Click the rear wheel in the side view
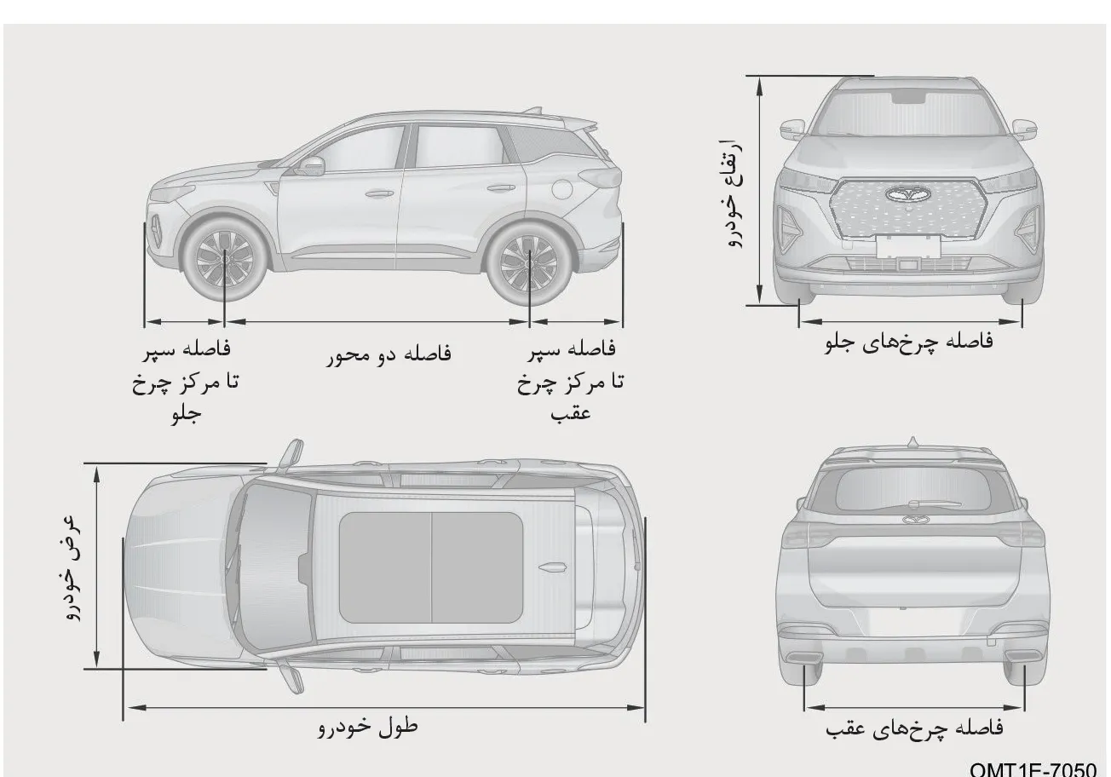pos(529,262)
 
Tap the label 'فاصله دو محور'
pos(389,354)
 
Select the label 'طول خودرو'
pos(367,727)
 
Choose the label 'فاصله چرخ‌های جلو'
pos(909,342)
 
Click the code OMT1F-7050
pos(1033,769)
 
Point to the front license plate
pos(908,246)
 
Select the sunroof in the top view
pos(430,567)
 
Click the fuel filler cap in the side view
pos(562,189)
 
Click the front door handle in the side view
pos(379,193)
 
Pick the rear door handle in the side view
pos(500,188)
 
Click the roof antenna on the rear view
pos(912,441)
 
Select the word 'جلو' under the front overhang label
pos(187,413)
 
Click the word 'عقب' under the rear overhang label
pos(570,412)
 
